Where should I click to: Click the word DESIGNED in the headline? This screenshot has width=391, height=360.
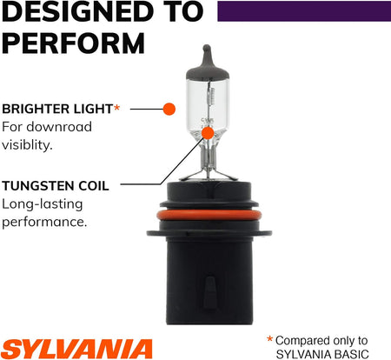coord(77,11)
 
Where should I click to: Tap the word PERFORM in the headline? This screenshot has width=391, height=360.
coord(73,43)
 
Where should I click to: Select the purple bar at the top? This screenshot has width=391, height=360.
coord(304,11)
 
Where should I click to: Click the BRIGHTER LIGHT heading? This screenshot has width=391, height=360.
coord(57,109)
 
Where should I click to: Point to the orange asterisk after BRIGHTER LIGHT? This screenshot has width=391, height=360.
coord(116,108)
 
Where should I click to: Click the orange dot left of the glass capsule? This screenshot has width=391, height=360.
coord(169,109)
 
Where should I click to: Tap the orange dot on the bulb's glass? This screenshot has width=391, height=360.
coord(208,133)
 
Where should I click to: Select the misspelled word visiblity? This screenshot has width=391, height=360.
coord(27,144)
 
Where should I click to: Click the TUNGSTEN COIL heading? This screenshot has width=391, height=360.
coord(56,186)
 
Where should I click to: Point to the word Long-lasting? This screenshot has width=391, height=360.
coord(43,204)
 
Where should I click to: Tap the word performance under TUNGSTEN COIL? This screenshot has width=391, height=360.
coord(44,223)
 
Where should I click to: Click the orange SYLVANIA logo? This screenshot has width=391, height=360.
coord(76,349)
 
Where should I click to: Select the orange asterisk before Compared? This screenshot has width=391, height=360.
coord(269,339)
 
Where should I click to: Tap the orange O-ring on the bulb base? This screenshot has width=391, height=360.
coord(209,215)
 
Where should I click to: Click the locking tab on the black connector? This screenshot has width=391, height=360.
coord(209,292)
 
